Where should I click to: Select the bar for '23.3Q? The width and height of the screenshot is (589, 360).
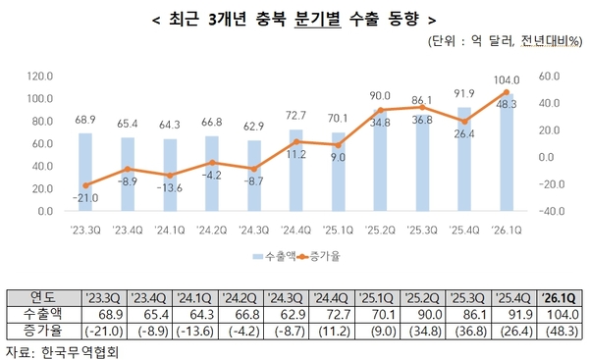coord(85,172)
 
